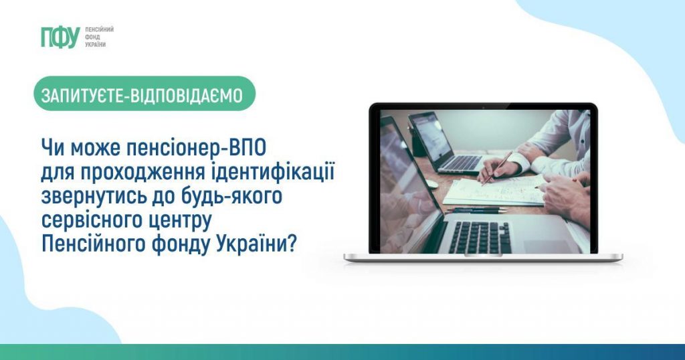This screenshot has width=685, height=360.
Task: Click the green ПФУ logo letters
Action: [60, 37]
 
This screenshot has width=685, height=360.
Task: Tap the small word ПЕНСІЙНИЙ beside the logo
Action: [99, 29]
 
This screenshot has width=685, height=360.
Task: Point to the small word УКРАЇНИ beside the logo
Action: [95, 45]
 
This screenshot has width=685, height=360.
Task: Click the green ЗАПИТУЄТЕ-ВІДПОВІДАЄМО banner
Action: [144, 94]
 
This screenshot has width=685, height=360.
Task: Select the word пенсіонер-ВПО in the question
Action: [196, 149]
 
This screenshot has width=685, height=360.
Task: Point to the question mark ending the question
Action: [292, 244]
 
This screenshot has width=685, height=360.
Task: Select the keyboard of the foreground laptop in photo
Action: [479, 238]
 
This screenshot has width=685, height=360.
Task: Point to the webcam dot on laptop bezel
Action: [484, 107]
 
